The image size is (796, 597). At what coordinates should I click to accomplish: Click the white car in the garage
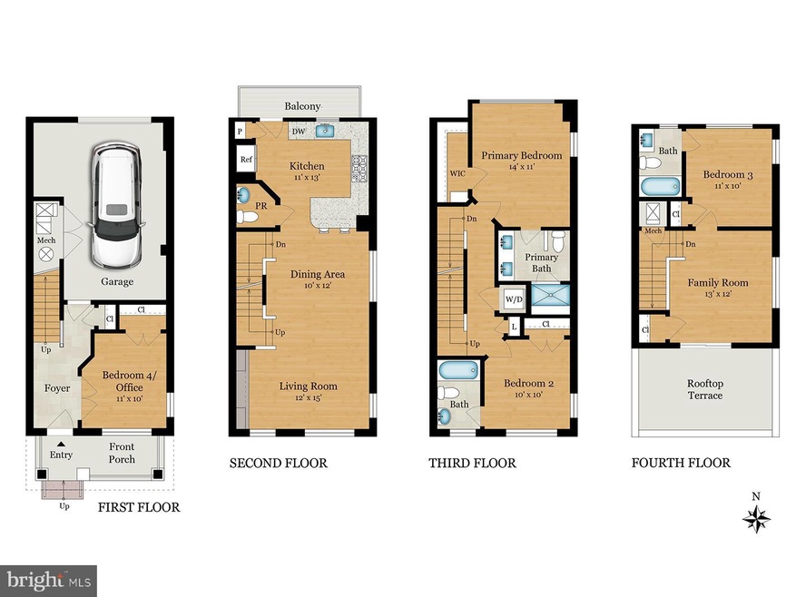click(117, 206)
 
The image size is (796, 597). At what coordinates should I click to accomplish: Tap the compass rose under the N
click(756, 519)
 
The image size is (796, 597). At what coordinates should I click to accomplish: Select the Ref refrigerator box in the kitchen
click(246, 160)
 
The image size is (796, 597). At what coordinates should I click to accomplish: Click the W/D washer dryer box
click(514, 299)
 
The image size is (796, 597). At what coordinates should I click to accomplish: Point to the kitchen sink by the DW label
click(325, 132)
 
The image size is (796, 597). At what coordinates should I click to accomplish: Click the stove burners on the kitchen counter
click(359, 169)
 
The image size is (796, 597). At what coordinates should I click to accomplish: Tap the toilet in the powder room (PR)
click(248, 217)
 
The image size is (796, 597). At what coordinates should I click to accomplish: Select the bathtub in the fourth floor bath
click(660, 186)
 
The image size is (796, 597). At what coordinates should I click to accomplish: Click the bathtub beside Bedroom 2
click(459, 370)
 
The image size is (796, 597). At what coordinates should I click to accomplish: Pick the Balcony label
click(302, 106)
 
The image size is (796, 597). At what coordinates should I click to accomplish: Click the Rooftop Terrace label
click(705, 389)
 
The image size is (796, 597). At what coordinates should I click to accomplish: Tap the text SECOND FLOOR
click(279, 463)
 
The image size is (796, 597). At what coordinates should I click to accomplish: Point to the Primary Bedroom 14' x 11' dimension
click(521, 167)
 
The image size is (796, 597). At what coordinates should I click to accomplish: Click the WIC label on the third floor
click(457, 173)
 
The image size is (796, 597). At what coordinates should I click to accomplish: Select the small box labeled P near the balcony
click(241, 132)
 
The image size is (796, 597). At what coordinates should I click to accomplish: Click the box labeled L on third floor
click(514, 328)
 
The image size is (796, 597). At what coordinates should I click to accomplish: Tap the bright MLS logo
click(48, 581)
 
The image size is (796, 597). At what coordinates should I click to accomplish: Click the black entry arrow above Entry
click(61, 444)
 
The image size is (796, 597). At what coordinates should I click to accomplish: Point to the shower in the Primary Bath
click(551, 299)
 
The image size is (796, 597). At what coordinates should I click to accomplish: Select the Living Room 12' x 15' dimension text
click(309, 398)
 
